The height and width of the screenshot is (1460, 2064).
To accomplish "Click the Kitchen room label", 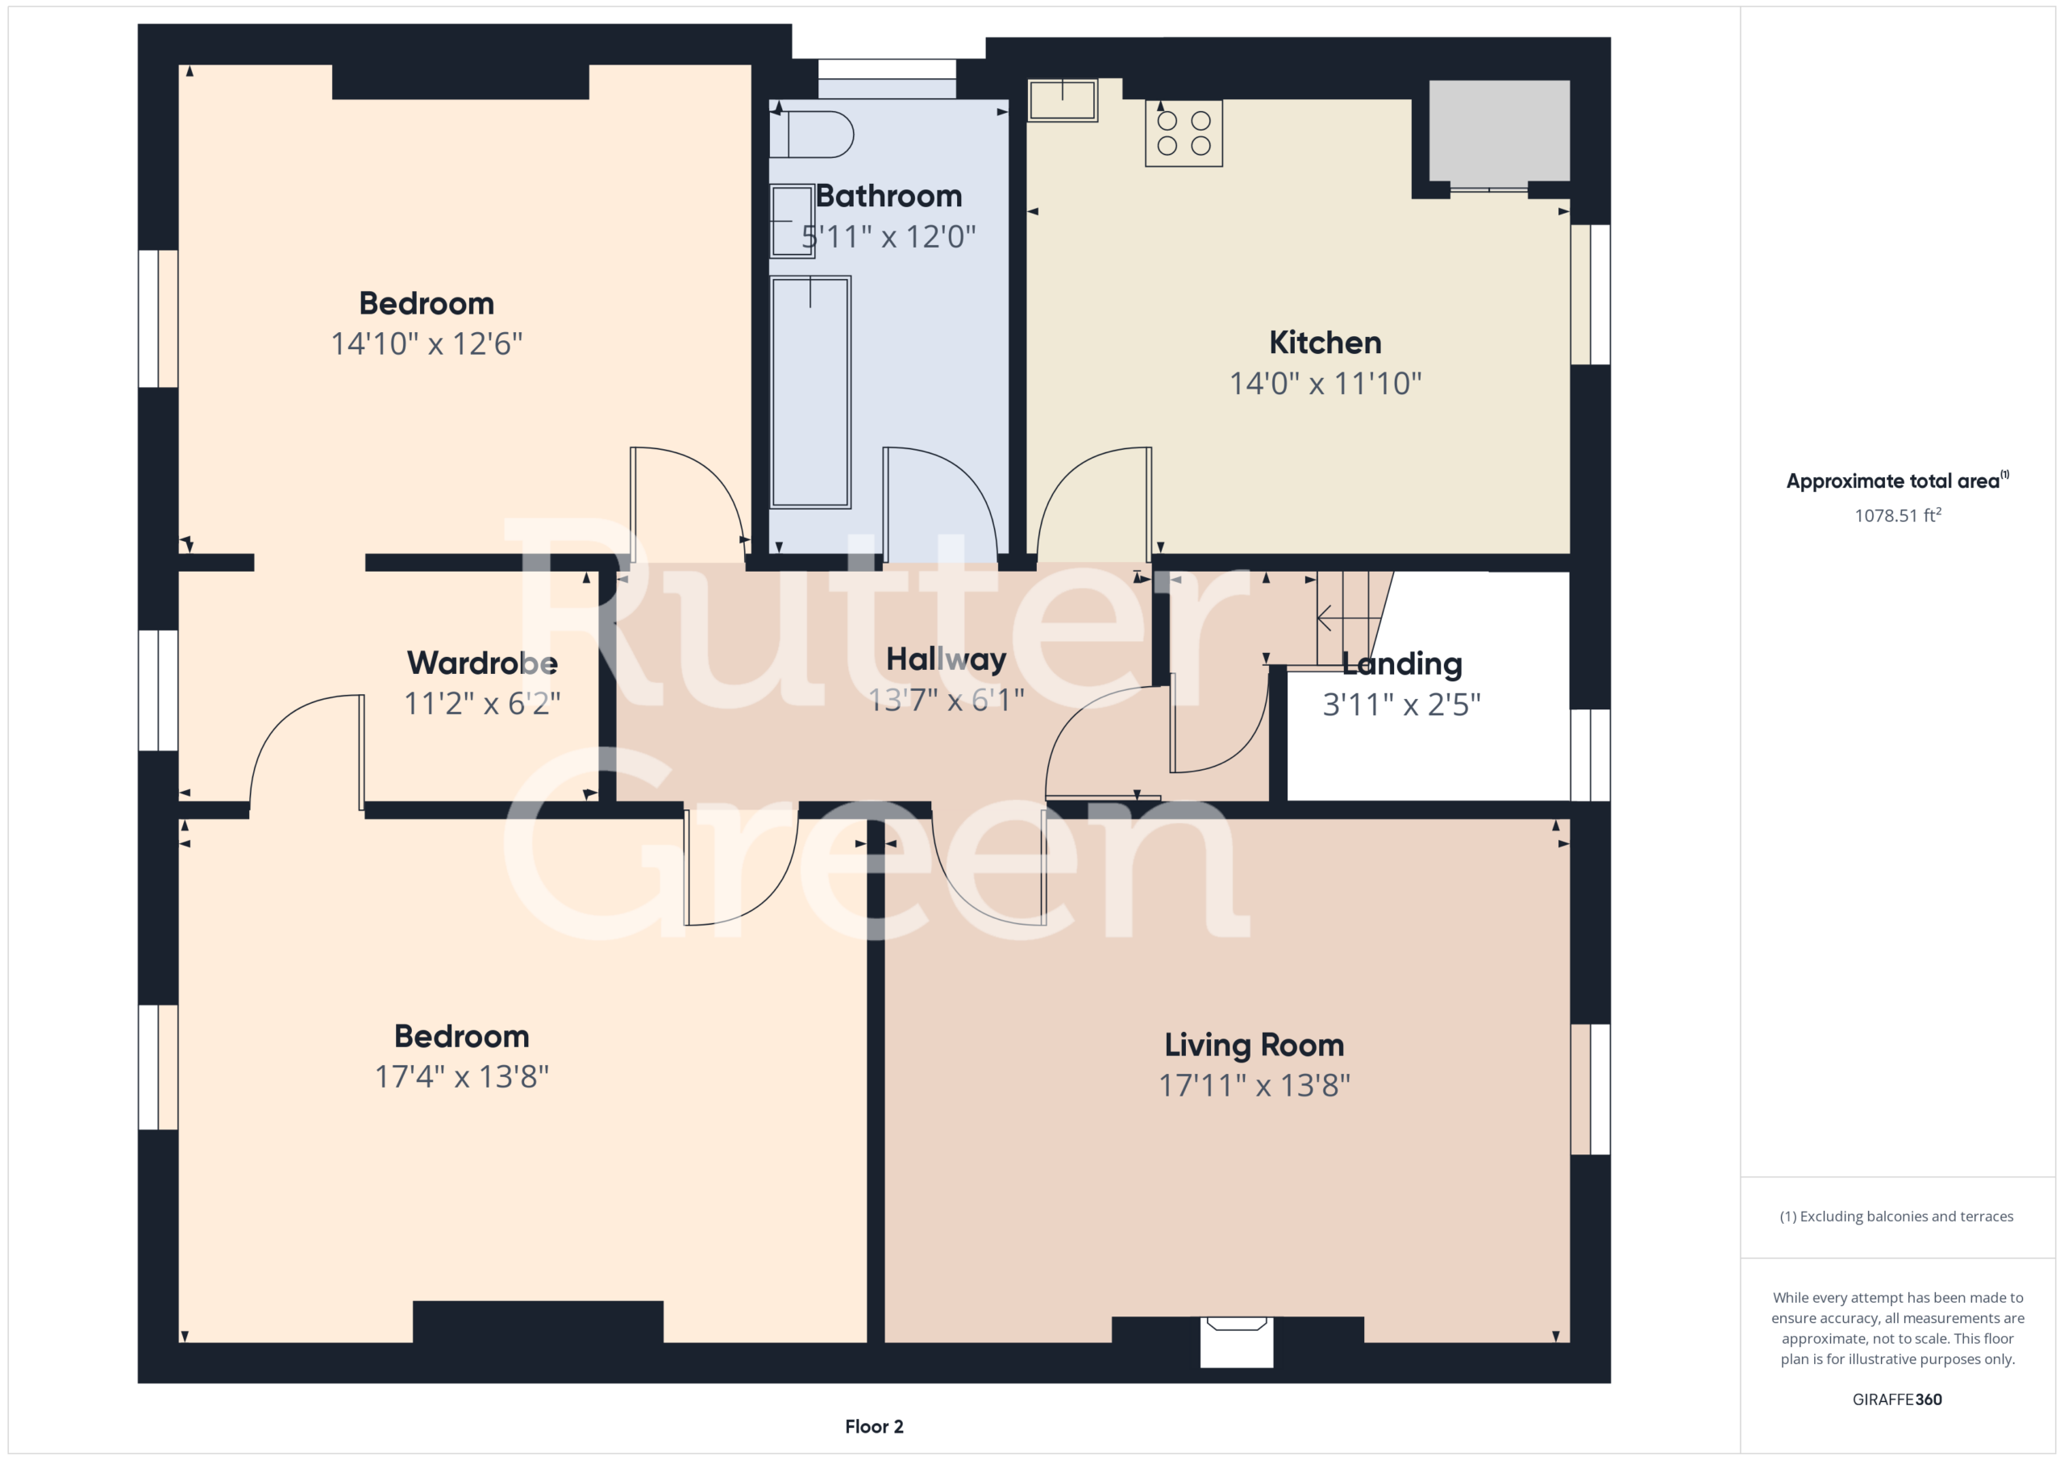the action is tap(1325, 343).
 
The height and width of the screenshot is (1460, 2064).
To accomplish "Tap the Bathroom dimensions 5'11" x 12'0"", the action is tap(888, 236).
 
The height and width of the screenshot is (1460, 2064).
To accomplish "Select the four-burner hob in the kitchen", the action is tap(1183, 133).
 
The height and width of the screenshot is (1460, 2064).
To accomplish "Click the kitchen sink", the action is tap(1062, 100).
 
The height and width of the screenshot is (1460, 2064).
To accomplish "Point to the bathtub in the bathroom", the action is tap(810, 392).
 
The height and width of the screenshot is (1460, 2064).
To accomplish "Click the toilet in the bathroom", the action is tap(812, 135).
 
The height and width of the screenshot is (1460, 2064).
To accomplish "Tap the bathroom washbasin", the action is tap(792, 221).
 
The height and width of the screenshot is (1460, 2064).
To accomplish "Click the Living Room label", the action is tap(1254, 1045).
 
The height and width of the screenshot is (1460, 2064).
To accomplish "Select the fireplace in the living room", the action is tap(1236, 1341).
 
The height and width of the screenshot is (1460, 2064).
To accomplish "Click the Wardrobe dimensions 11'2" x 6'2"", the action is tap(482, 703).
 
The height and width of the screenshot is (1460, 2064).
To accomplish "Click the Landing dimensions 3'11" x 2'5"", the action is tap(1401, 704).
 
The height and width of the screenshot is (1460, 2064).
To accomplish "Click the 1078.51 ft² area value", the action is tap(1898, 514).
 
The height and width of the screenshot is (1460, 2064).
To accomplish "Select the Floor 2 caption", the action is tap(874, 1426).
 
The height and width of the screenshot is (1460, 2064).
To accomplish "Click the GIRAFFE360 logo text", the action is tap(1897, 1399).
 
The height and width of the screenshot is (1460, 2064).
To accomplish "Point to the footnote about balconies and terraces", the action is tap(1897, 1217).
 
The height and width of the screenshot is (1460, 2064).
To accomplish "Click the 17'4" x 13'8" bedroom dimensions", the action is tap(461, 1076).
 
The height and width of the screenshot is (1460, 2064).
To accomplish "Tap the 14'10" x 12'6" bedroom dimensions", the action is tap(427, 343).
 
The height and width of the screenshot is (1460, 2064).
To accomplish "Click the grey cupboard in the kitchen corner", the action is tap(1500, 131).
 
